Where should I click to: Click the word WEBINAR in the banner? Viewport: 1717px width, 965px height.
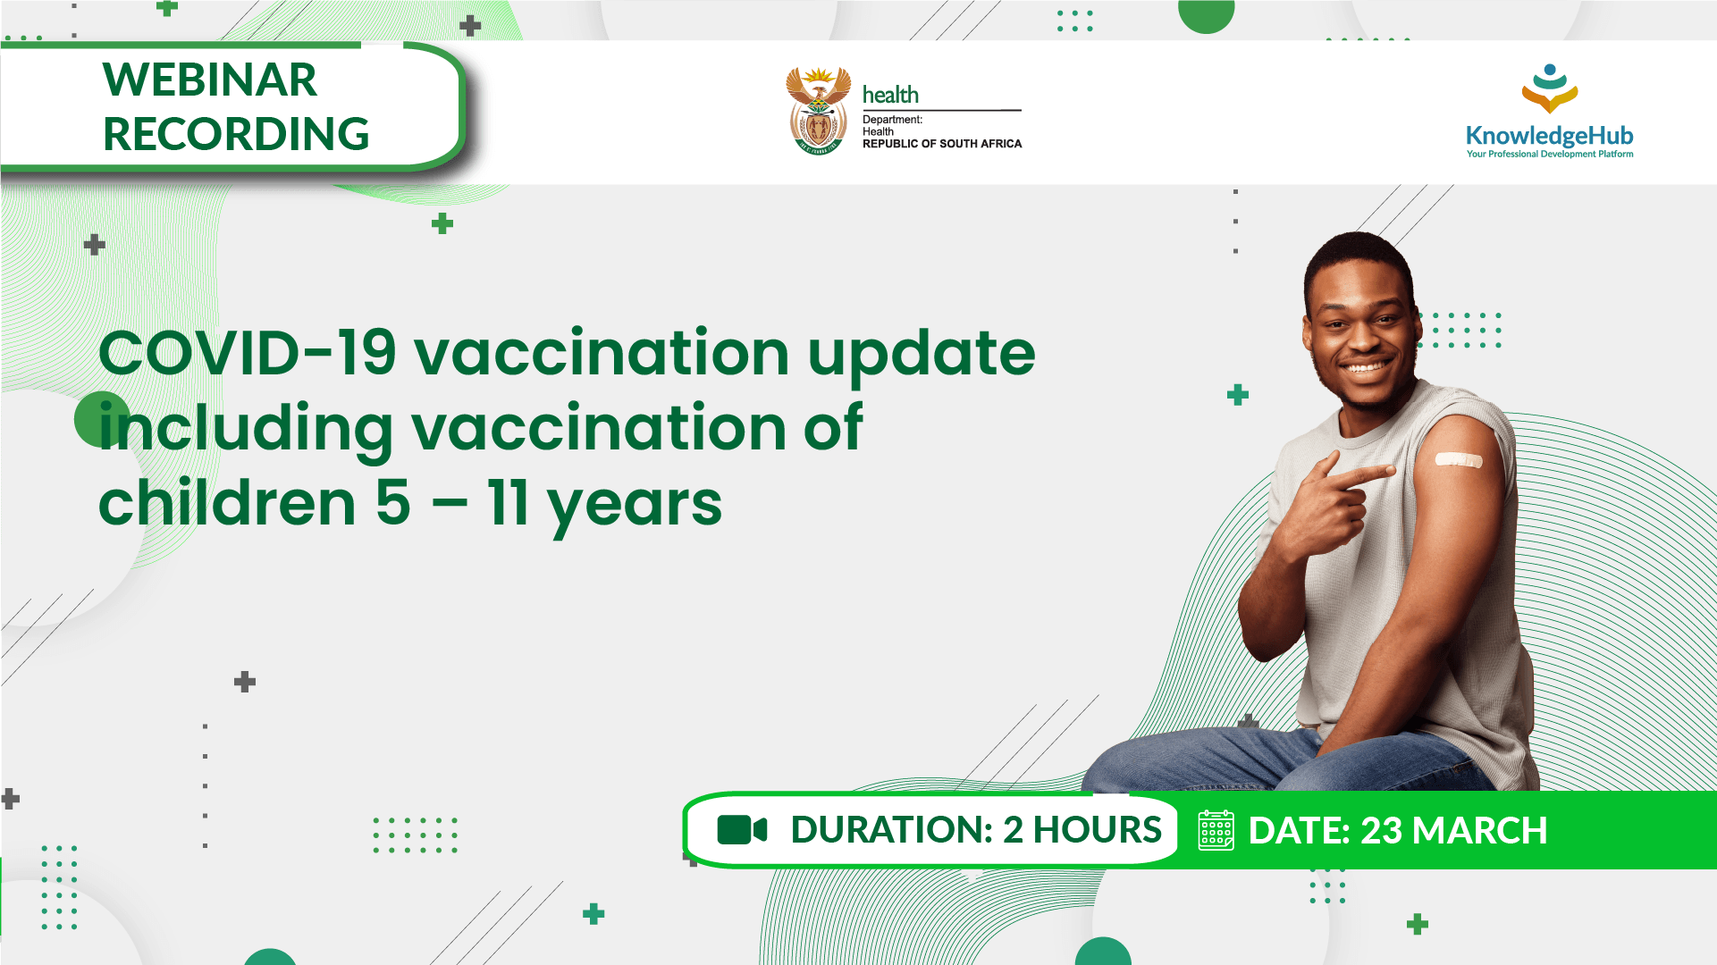pos(209,80)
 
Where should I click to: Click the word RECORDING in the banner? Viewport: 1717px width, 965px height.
pos(236,134)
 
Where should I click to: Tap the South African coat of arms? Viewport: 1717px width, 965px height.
pos(818,111)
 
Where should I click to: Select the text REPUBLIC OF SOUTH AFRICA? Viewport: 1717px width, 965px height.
pos(941,144)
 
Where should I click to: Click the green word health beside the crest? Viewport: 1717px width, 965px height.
pos(890,95)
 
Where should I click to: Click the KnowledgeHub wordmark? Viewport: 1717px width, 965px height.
pos(1549,136)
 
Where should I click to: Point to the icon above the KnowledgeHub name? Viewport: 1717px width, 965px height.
pos(1550,88)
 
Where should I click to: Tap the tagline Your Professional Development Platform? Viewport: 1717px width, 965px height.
pos(1549,155)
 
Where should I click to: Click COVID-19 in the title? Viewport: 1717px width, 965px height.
pos(247,353)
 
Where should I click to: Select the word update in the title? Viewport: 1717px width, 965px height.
pos(921,355)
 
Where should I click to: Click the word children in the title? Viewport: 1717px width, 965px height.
pos(227,503)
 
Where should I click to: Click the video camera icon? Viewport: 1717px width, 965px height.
pos(742,830)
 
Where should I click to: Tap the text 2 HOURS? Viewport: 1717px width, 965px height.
pos(1082,830)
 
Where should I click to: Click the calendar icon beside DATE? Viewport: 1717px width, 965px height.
pos(1216,830)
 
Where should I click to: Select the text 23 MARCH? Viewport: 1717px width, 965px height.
pos(1453,830)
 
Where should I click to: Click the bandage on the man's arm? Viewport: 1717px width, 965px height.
pos(1458,459)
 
